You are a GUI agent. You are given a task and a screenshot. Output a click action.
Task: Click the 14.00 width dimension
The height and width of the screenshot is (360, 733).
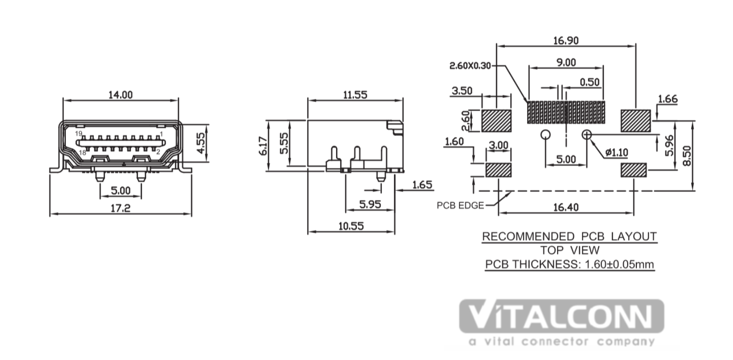tap(120, 95)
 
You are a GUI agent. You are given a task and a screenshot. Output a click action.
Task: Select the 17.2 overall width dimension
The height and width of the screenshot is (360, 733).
tap(120, 208)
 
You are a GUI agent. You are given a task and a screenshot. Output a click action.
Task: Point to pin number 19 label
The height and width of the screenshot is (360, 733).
tap(78, 133)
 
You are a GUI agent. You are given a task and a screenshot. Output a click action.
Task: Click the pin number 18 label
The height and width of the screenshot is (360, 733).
tap(82, 153)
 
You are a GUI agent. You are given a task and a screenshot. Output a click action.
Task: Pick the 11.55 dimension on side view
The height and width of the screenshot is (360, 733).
tap(355, 95)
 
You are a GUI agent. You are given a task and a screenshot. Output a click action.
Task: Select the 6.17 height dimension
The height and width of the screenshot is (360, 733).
tap(263, 146)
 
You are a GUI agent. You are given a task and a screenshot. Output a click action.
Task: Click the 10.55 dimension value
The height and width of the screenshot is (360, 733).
tap(351, 226)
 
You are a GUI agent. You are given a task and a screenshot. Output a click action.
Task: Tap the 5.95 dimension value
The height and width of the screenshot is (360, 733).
tap(370, 204)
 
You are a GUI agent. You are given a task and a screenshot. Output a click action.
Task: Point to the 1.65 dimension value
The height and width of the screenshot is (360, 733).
tap(422, 185)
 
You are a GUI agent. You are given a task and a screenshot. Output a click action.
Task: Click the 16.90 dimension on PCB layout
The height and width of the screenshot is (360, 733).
tap(566, 40)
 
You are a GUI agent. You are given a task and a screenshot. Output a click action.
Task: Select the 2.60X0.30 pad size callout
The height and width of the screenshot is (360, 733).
tap(470, 66)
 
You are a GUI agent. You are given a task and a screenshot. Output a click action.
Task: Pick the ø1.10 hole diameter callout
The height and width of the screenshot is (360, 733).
tap(616, 152)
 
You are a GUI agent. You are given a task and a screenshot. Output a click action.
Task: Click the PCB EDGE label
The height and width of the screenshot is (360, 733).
tap(460, 205)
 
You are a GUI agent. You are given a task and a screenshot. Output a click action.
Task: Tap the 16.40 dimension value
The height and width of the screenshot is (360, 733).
tap(566, 207)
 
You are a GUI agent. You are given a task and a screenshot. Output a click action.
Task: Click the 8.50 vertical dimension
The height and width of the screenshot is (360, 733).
tap(688, 156)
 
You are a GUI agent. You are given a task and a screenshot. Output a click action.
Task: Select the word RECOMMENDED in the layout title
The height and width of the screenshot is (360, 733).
tap(528, 236)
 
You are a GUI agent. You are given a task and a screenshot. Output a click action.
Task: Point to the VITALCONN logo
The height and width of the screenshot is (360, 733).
tap(562, 316)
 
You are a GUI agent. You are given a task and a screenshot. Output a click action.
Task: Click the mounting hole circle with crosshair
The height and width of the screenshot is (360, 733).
tap(587, 134)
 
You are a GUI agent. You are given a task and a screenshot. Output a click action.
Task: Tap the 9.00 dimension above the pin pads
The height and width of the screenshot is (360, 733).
tap(566, 63)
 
